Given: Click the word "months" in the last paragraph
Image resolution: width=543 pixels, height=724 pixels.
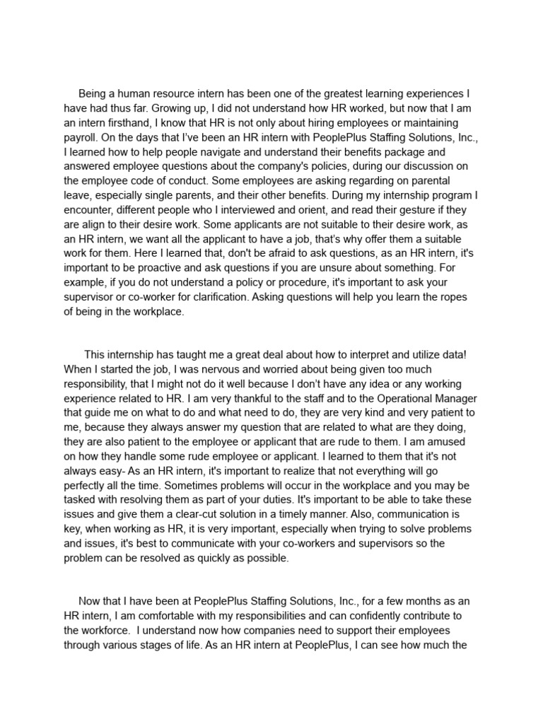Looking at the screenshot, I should pyautogui.click(x=409, y=600).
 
